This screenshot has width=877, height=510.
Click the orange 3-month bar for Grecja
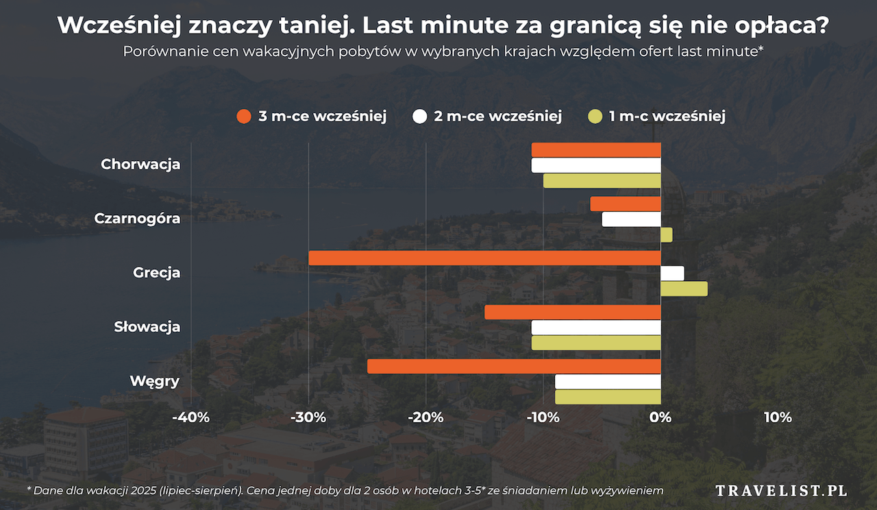pyautogui.click(x=484, y=258)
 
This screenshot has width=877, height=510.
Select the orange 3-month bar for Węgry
pyautogui.click(x=514, y=366)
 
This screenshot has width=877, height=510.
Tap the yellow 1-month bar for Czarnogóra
pyautogui.click(x=666, y=234)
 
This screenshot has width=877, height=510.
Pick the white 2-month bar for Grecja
pyautogui.click(x=672, y=273)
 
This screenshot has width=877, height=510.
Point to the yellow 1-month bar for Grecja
pyautogui.click(x=684, y=289)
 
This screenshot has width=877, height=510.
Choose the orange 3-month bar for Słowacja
pyautogui.click(x=573, y=312)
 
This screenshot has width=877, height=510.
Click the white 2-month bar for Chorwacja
pyautogui.click(x=596, y=165)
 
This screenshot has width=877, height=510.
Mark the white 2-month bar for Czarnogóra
pyautogui.click(x=631, y=219)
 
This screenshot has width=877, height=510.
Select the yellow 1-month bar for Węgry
pyautogui.click(x=608, y=397)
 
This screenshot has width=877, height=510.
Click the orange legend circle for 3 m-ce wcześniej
pyautogui.click(x=244, y=117)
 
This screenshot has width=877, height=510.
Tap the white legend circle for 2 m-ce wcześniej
pyautogui.click(x=420, y=117)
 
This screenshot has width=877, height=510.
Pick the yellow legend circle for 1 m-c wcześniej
pyautogui.click(x=595, y=117)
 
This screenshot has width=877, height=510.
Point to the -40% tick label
pyautogui.click(x=190, y=417)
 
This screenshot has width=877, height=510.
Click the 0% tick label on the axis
pyautogui.click(x=660, y=417)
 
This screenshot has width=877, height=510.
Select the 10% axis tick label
pyautogui.click(x=778, y=417)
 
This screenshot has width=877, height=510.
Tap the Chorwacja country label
pyautogui.click(x=140, y=165)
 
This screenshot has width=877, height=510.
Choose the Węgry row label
pyautogui.click(x=155, y=381)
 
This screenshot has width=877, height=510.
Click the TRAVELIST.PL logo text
pyautogui.click(x=781, y=490)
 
